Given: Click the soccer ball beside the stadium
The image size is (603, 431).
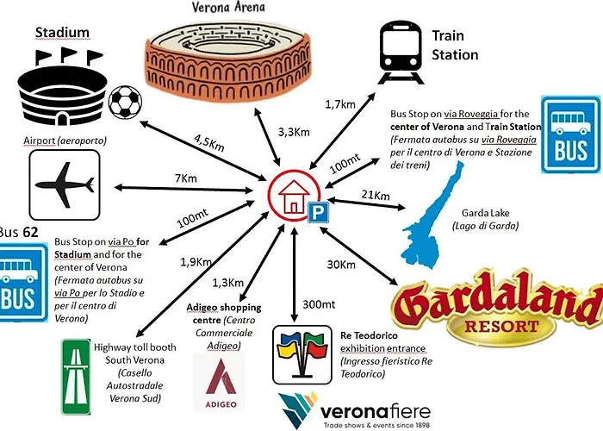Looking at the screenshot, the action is coord(125,102).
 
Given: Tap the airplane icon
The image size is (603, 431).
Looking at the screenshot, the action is coord(65,185).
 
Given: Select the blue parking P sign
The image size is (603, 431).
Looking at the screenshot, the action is coord(318,212).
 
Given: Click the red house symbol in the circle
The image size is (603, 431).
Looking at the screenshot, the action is coord(294,196).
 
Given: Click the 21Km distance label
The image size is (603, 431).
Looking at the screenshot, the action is coord(376,195).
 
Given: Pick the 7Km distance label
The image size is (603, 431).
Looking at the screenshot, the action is coord(186,178).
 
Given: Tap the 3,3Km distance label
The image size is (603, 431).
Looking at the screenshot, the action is coord(294,132).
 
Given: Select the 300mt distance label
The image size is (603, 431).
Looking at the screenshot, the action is coord(319,304).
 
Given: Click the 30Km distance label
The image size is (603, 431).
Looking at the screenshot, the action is coord(341,265).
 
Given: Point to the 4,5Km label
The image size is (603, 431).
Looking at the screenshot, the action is coord(208,143).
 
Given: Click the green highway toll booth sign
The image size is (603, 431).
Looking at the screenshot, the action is coord(76,377).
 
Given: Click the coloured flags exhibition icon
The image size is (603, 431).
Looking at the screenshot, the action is coord(302,355).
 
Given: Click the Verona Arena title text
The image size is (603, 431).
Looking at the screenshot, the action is coord(228,7).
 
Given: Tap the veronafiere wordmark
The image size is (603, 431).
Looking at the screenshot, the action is coord(375,412).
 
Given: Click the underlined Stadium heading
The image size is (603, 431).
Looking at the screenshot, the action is coord(62,33).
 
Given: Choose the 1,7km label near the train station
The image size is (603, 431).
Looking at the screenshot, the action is coord(340,104).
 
